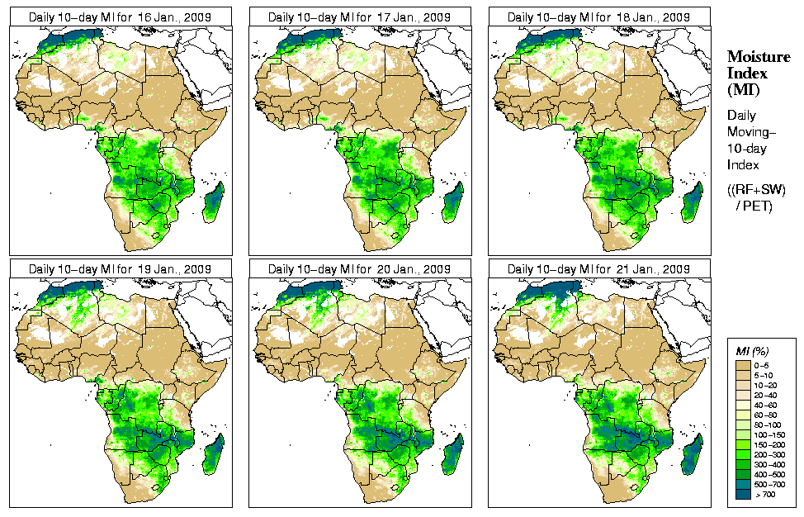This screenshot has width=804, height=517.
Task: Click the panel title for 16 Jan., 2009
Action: click(x=120, y=17)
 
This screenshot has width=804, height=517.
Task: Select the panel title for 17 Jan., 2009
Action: click(x=359, y=17)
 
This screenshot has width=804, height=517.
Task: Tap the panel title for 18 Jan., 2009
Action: click(x=598, y=17)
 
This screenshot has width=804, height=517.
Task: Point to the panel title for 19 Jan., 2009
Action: click(x=120, y=269)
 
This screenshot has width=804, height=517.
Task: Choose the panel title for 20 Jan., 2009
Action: click(x=359, y=269)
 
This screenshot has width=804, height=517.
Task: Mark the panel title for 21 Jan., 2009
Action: click(x=598, y=269)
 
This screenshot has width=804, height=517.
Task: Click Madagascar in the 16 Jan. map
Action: click(x=214, y=203)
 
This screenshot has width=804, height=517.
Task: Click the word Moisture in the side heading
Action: click(x=759, y=56)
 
